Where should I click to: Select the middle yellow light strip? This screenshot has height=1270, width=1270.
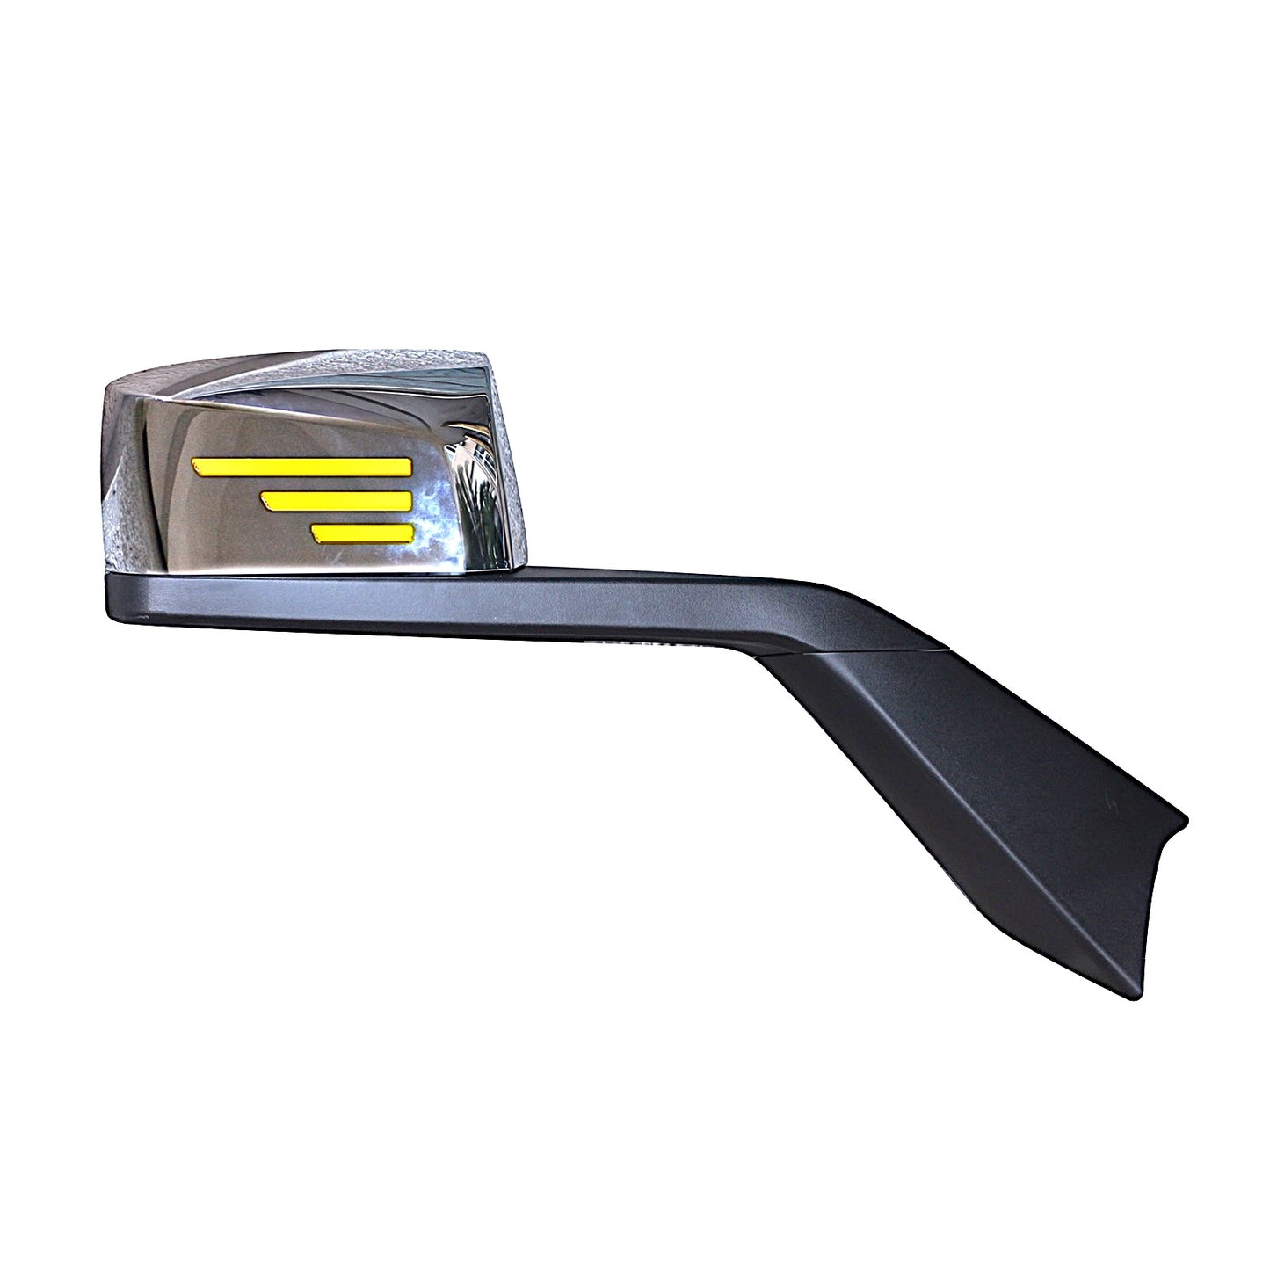[x=337, y=500]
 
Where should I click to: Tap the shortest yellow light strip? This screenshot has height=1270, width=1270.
[x=363, y=532]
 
